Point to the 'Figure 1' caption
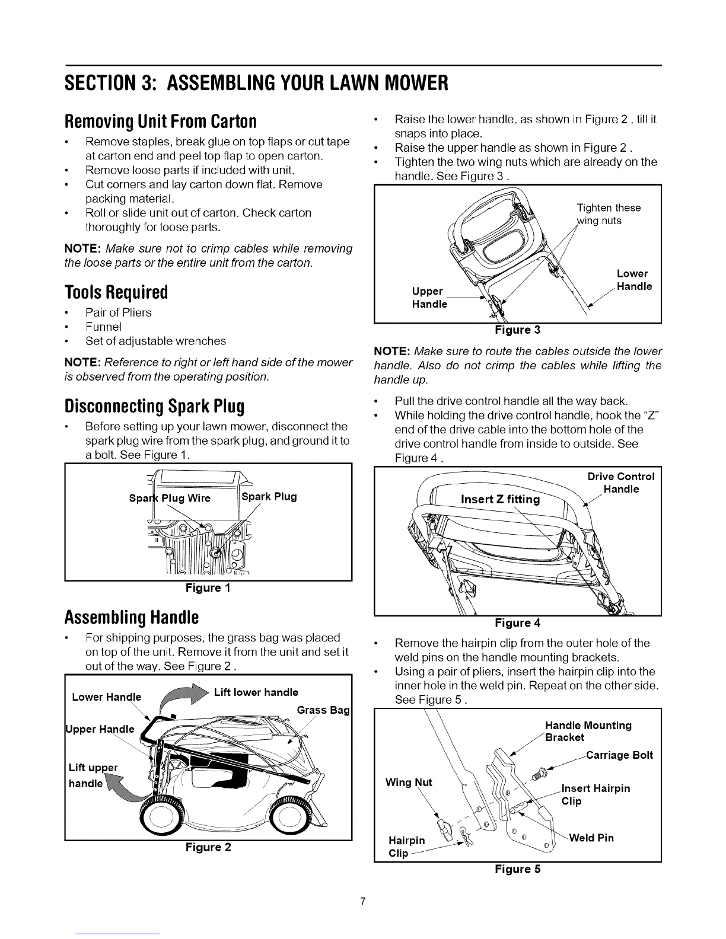pyautogui.click(x=208, y=588)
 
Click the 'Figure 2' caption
pyautogui.click(x=208, y=847)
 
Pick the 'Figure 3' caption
pyautogui.click(x=517, y=330)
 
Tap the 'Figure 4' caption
pyautogui.click(x=517, y=622)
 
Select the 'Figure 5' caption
pyautogui.click(x=517, y=869)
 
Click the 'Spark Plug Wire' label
pyautogui.click(x=170, y=498)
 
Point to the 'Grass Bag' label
pyautogui.click(x=324, y=710)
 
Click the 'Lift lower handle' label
pyautogui.click(x=256, y=692)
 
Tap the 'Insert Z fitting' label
pyautogui.click(x=500, y=499)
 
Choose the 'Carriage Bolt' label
pyautogui.click(x=619, y=755)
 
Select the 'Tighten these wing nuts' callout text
pyautogui.click(x=608, y=214)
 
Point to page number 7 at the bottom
pyautogui.click(x=363, y=902)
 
